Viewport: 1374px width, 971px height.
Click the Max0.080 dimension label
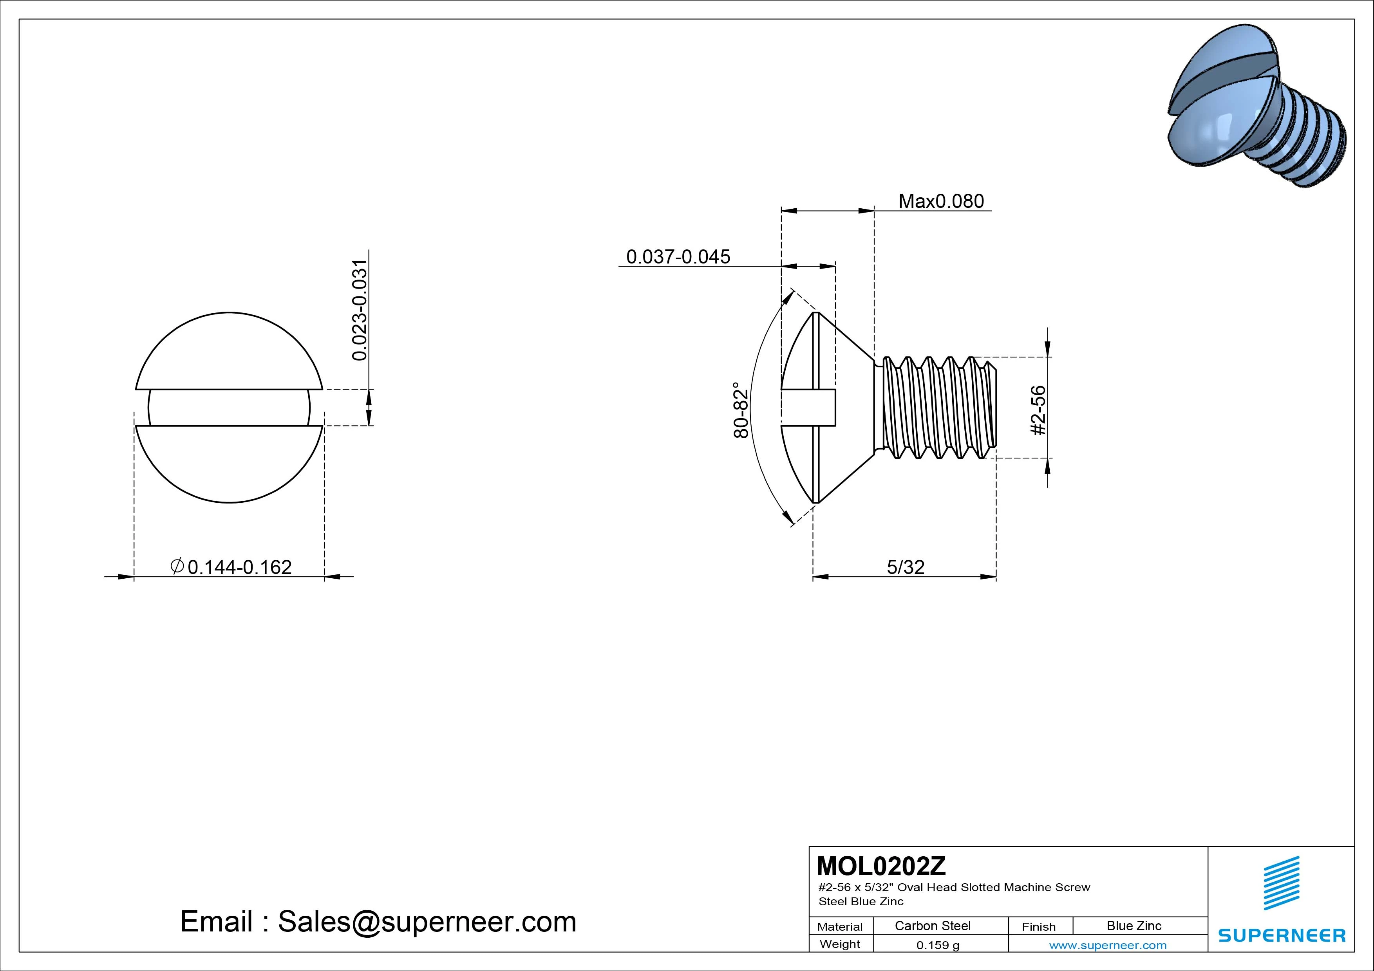[941, 201]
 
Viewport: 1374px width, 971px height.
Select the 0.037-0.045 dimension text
[678, 257]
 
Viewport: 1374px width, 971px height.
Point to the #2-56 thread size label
[1038, 410]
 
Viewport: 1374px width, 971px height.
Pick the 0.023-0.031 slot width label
[359, 310]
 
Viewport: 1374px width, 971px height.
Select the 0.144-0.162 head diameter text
[239, 567]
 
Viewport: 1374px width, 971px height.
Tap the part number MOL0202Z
[881, 865]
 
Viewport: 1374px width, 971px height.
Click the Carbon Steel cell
[932, 926]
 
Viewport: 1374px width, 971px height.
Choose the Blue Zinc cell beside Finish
[1134, 926]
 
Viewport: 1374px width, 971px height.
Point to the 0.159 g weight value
[937, 945]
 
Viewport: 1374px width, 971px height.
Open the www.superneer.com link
[1107, 945]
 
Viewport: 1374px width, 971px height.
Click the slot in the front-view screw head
[229, 408]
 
